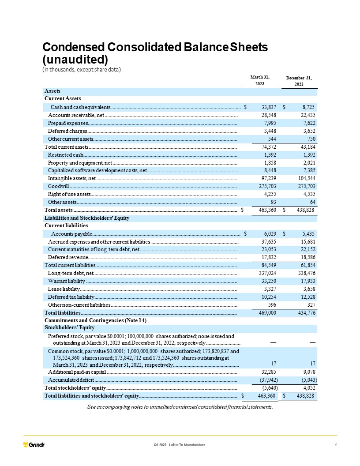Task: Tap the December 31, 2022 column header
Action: point(299,81)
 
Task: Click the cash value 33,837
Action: point(269,107)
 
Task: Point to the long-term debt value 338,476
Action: point(305,273)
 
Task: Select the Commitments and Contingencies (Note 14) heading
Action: point(95,320)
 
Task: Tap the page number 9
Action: point(336,444)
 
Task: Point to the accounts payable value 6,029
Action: point(270,233)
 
